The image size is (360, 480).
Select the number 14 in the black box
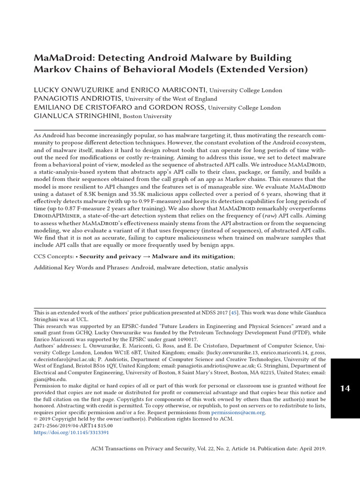click(x=345, y=389)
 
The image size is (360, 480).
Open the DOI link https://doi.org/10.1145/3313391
click(x=71, y=433)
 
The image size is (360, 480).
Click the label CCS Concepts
click(x=53, y=256)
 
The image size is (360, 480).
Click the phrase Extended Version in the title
click(x=269, y=70)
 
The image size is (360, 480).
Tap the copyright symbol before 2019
click(x=36, y=419)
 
